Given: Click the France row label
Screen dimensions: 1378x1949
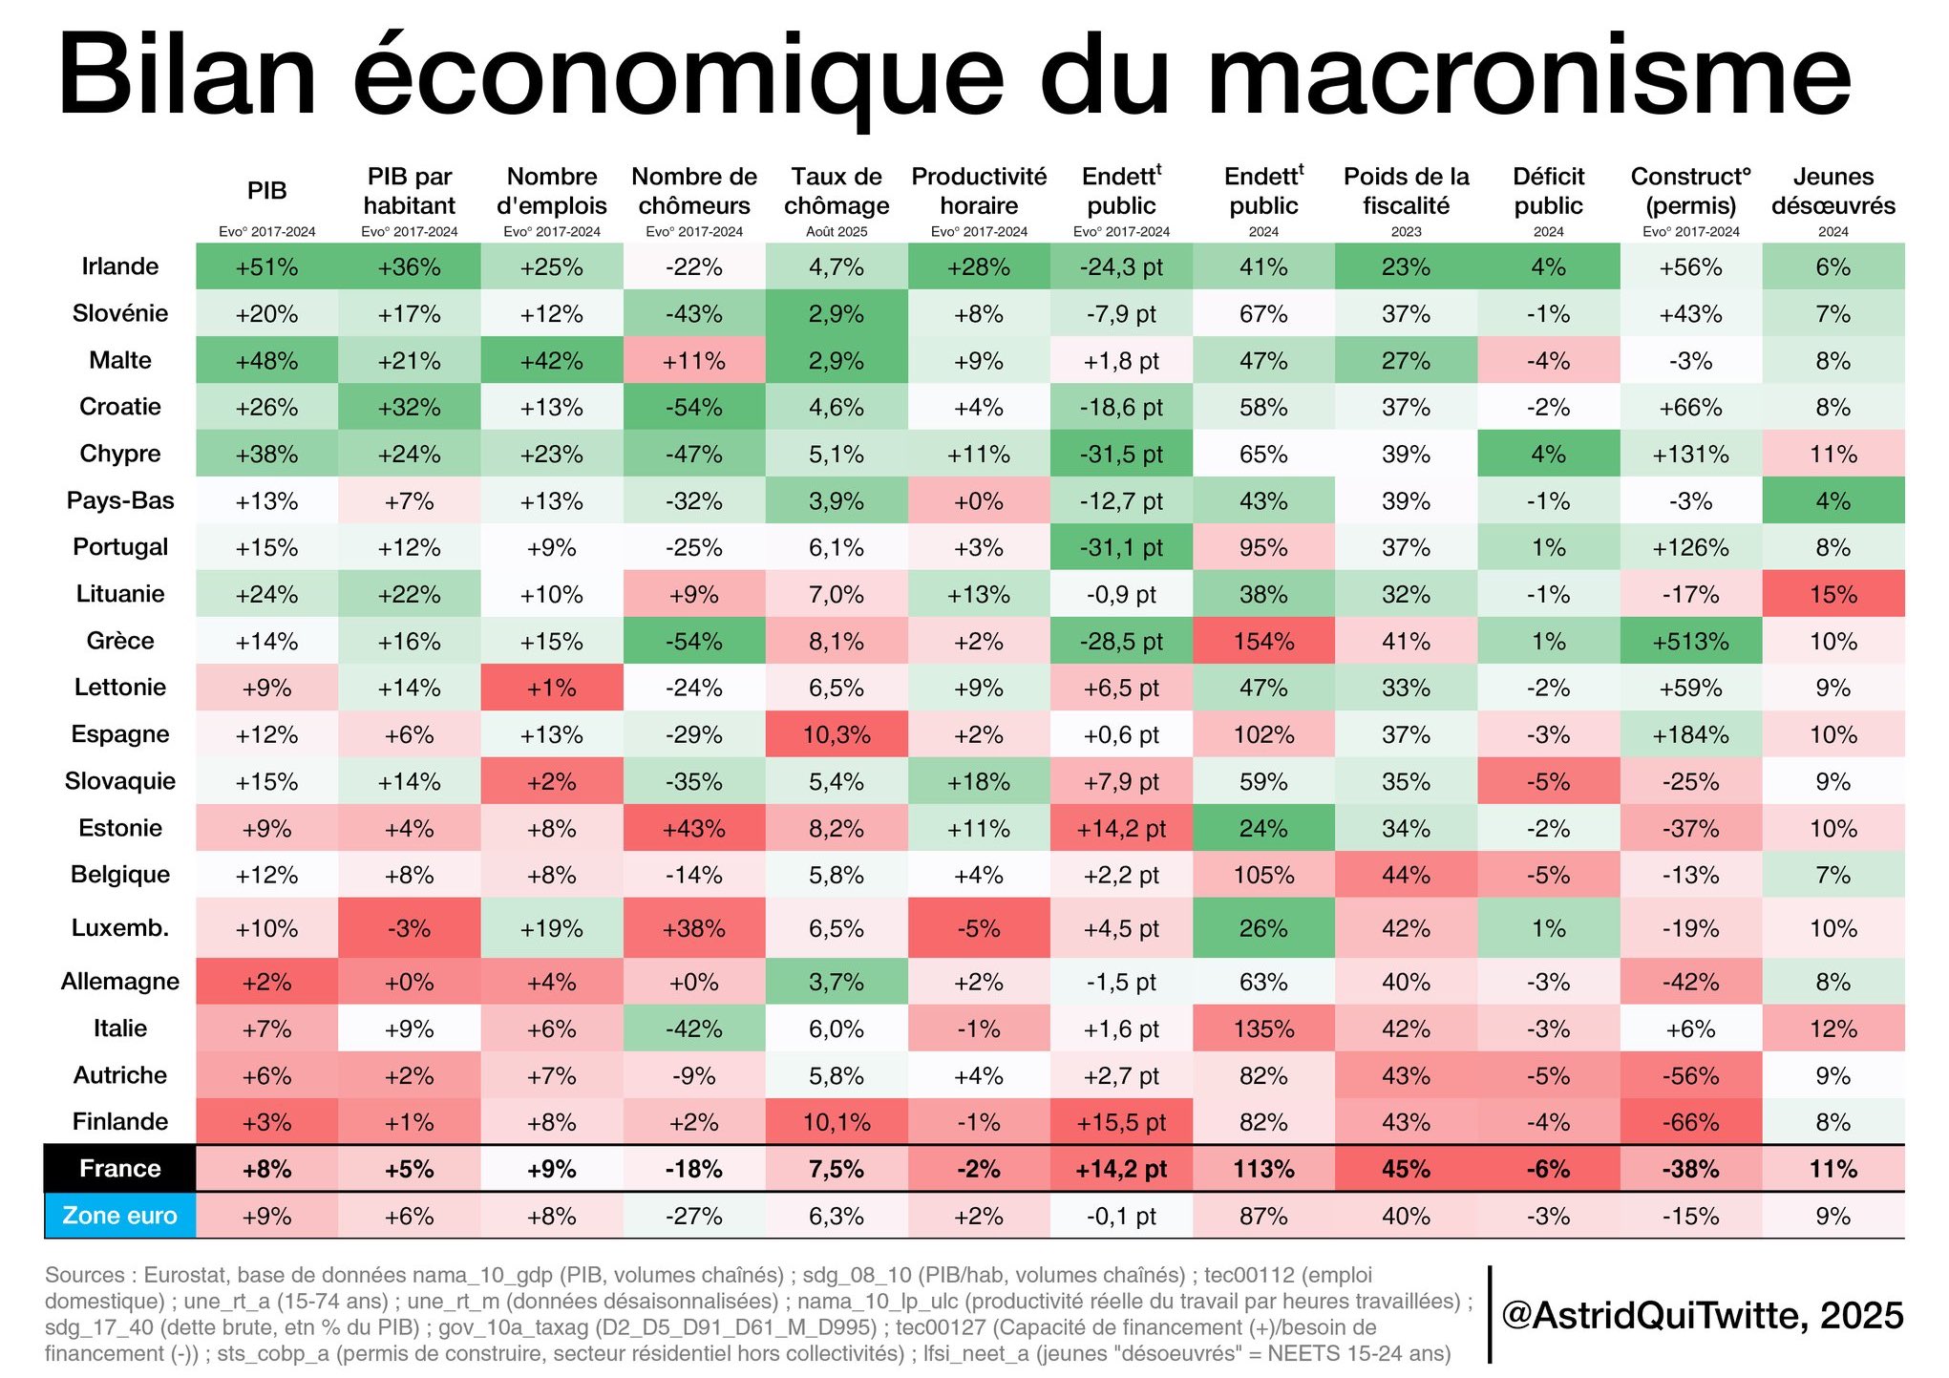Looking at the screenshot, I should pos(120,1169).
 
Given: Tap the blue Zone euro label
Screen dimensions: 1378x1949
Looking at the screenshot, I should pos(120,1216).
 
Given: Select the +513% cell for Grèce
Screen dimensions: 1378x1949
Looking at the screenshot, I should pos(1690,641).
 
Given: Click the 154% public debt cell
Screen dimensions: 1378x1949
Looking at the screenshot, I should pos(1263,641).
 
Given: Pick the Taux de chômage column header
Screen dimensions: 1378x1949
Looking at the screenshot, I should pos(837,191).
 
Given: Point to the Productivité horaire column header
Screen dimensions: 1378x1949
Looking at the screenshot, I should pos(979,191).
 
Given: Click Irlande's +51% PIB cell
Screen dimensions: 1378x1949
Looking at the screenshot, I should pos(266,267).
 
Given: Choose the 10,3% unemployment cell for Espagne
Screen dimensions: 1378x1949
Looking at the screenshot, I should pos(837,734).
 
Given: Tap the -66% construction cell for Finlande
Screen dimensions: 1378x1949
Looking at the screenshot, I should pos(1690,1122).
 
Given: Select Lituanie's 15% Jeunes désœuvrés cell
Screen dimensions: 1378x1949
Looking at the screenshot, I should pos(1832,594).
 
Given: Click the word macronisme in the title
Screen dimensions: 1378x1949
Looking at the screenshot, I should pos(1528,76).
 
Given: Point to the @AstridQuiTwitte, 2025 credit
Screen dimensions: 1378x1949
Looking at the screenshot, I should pos(1702,1315).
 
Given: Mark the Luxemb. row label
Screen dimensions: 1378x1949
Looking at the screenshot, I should pos(120,928).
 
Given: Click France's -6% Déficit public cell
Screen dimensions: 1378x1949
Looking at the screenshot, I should pos(1548,1169).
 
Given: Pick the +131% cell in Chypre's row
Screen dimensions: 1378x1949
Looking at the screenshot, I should pos(1690,454).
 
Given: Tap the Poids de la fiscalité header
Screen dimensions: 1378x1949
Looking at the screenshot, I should pos(1406,191).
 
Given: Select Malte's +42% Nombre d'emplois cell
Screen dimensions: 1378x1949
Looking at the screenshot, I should pos(552,361).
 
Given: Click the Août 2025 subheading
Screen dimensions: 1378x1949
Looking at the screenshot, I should pos(837,232).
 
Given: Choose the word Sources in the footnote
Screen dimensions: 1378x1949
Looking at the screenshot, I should pos(85,1275).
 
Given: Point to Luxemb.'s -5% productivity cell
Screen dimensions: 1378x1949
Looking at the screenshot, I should pos(979,928).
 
